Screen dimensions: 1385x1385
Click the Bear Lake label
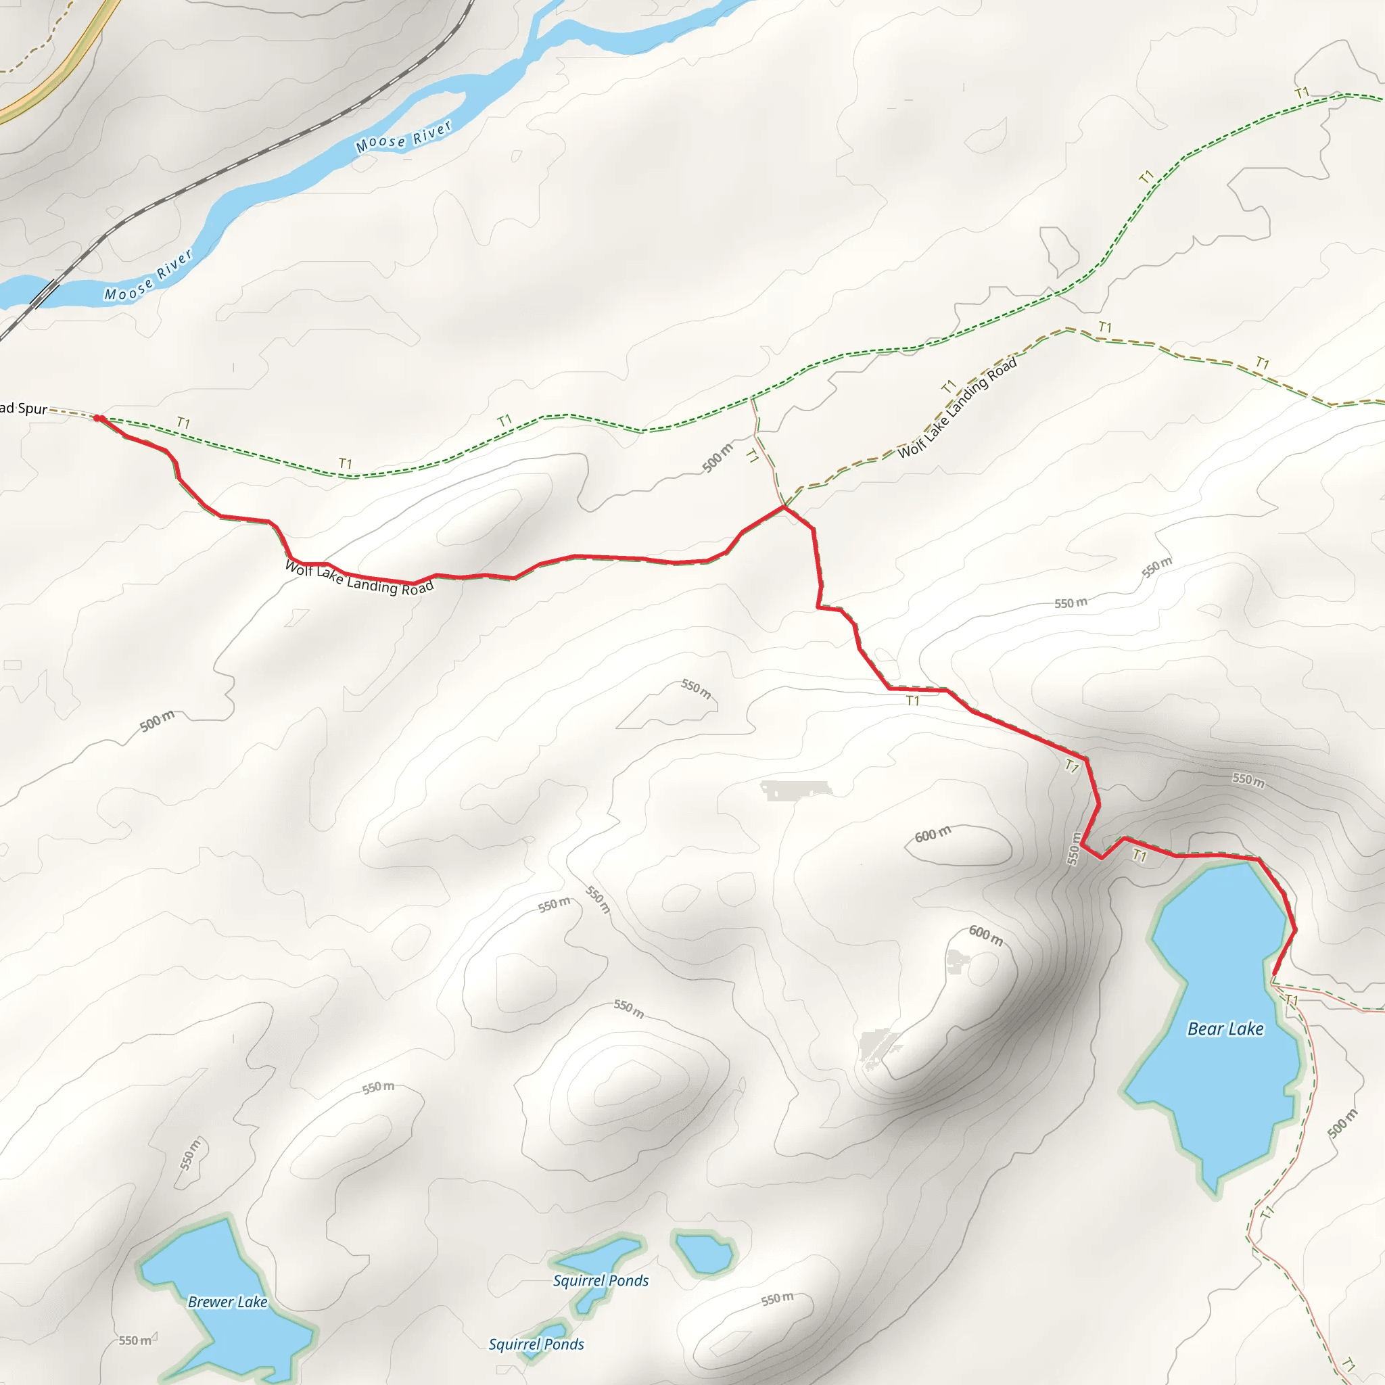click(x=1225, y=1029)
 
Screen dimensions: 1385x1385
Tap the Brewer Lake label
click(x=227, y=1301)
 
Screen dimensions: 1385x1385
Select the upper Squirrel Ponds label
click(x=601, y=1280)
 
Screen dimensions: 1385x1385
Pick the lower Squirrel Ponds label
click(x=536, y=1344)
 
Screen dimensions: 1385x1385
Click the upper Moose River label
click(x=404, y=136)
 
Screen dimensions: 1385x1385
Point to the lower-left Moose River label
click(x=148, y=276)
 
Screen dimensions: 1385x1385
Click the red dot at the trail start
click(x=99, y=419)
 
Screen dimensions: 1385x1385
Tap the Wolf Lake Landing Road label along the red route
click(x=359, y=578)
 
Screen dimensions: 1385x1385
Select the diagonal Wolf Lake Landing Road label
click(x=957, y=408)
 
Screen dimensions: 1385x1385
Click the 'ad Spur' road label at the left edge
click(x=23, y=408)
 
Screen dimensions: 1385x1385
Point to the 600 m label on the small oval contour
click(x=933, y=835)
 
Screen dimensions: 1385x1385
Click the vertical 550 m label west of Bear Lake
click(x=1073, y=849)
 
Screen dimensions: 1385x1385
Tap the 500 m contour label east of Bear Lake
click(x=1342, y=1123)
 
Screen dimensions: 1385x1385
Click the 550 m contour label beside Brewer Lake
click(x=135, y=1340)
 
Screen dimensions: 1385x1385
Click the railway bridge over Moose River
click(x=43, y=292)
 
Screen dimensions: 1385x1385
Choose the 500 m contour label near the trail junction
click(x=717, y=458)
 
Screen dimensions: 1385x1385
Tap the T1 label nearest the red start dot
click(x=183, y=423)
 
